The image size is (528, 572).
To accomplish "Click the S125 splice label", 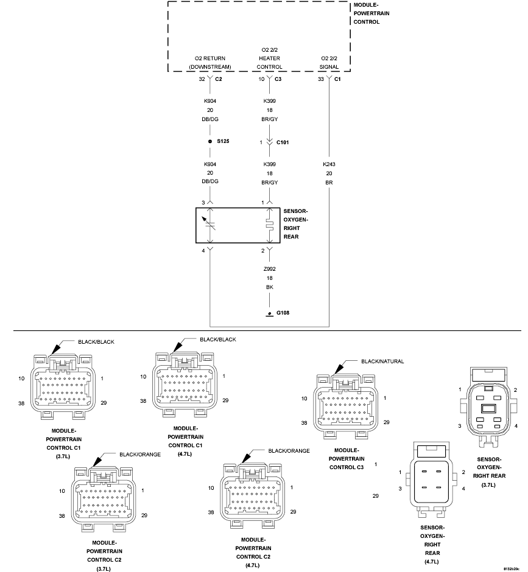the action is coord(223,141).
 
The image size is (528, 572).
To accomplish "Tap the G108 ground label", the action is coord(283,313).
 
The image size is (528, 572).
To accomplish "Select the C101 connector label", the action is coord(283,142).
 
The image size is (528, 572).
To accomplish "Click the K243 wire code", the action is coord(329,164).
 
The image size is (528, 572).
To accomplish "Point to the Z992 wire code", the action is coord(269,269).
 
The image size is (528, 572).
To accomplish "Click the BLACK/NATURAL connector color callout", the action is coord(382,361).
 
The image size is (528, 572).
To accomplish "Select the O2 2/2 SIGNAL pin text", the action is coord(329,63).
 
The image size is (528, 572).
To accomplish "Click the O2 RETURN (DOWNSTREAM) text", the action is coord(210,63).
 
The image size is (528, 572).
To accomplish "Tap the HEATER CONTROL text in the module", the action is coord(269,63).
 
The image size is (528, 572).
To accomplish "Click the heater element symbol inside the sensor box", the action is coord(269,225).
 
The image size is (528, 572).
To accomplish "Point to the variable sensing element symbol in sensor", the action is coord(209,223).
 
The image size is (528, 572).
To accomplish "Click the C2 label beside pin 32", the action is coord(219,78).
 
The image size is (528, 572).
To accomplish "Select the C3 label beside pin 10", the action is coord(278,78).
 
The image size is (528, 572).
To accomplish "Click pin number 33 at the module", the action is coord(321,79).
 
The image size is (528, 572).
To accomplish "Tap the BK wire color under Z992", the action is coord(269,287).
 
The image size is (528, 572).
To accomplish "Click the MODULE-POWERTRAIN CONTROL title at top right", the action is coord(371,13).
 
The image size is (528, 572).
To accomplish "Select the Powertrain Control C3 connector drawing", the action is coord(346,406).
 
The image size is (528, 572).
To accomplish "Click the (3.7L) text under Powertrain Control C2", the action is coord(104,569).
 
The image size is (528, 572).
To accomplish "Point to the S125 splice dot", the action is coord(210,141).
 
